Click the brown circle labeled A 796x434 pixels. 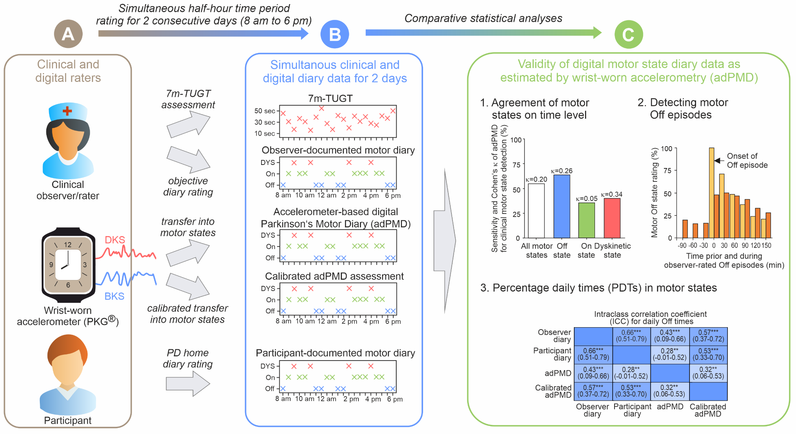coord(68,34)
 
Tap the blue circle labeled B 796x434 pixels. coord(335,34)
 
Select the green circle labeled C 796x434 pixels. coord(628,34)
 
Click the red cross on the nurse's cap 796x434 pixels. coord(67,111)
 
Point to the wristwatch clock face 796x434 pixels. coord(68,264)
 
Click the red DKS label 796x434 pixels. coord(115,240)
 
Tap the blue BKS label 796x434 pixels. coord(114,296)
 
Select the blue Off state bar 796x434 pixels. coord(562,206)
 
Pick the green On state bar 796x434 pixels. coord(586,220)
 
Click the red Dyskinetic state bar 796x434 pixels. coord(612,218)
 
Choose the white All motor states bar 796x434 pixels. coord(536,211)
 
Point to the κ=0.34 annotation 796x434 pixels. coord(611,194)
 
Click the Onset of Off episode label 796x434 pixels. coord(747,161)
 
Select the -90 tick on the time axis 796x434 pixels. coord(682,246)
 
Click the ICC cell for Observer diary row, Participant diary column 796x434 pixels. coord(631,336)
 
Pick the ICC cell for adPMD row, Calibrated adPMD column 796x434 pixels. coord(708,373)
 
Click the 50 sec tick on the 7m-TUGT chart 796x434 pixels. coord(265,111)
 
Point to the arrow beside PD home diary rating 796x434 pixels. coord(188,383)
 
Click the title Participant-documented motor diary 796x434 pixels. coord(335,353)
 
